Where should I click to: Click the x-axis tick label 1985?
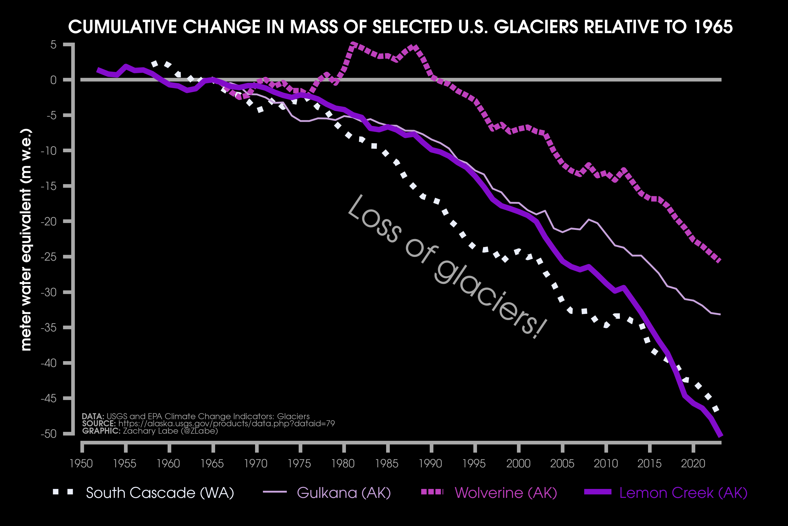(x=387, y=464)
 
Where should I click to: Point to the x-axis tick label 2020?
(x=693, y=464)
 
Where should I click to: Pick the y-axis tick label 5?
(x=54, y=45)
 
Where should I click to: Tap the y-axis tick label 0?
(x=54, y=80)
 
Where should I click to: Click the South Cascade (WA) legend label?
(x=160, y=493)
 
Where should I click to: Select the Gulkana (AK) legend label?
(x=344, y=493)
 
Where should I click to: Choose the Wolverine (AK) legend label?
(x=506, y=493)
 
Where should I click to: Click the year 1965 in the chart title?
(x=713, y=27)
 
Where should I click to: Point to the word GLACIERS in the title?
(x=536, y=27)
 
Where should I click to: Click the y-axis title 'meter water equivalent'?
(x=26, y=240)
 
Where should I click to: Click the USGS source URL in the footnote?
(x=226, y=424)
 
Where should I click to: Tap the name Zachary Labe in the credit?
(x=151, y=431)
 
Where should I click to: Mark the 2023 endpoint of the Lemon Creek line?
(x=720, y=435)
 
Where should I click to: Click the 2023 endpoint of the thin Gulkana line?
(x=720, y=314)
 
